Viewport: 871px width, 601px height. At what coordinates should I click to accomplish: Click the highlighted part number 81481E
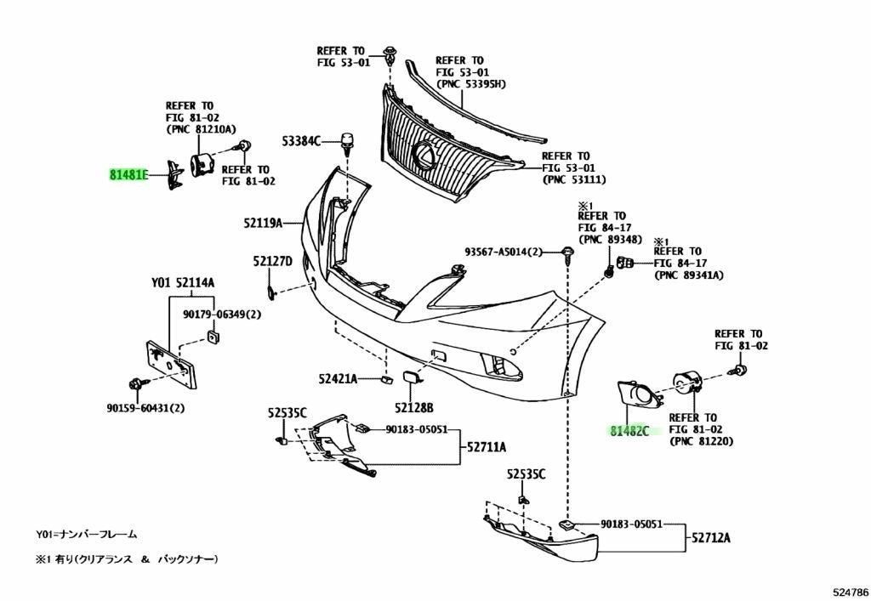[x=128, y=175]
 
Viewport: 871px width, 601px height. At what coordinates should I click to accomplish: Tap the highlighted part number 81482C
[x=629, y=431]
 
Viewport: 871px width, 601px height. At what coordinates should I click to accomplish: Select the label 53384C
[x=302, y=141]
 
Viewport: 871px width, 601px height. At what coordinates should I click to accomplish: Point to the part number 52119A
[x=263, y=223]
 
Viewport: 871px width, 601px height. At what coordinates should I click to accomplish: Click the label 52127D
[x=272, y=261]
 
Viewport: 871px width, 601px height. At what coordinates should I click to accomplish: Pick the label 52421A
[x=338, y=379]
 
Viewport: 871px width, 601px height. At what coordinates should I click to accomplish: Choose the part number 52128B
[x=414, y=408]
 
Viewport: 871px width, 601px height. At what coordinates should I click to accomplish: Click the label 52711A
[x=487, y=447]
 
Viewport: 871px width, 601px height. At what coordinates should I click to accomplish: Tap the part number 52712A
[x=711, y=537]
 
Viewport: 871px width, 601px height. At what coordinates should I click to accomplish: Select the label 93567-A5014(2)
[x=504, y=252]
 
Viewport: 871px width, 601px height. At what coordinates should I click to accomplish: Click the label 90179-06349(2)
[x=222, y=315]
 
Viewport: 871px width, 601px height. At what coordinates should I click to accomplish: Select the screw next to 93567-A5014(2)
[x=567, y=254]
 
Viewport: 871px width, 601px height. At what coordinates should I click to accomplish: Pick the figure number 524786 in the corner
[x=850, y=592]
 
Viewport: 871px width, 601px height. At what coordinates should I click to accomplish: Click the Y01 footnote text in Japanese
[x=87, y=535]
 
